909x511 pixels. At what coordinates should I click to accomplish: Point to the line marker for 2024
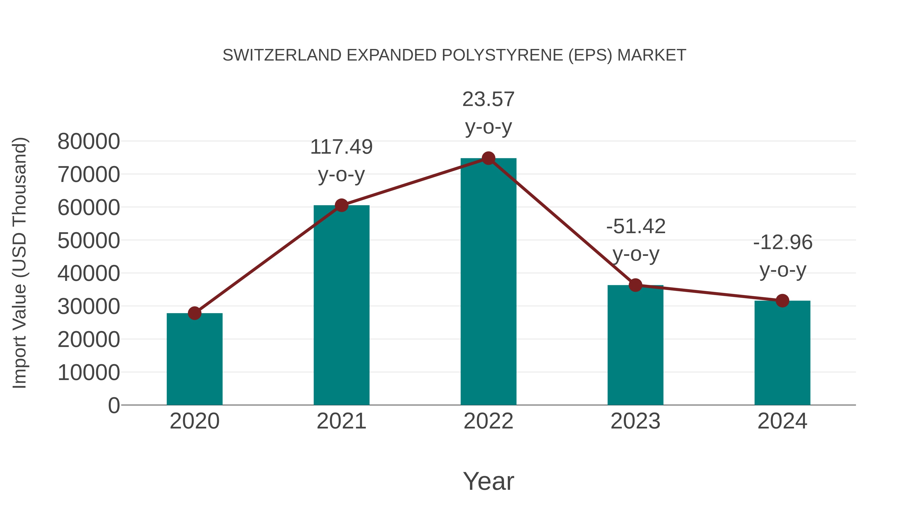click(782, 301)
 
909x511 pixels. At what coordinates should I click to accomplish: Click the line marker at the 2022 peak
click(488, 158)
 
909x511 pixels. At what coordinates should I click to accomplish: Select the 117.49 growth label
click(341, 147)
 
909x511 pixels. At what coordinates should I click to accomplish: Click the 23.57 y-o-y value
click(488, 99)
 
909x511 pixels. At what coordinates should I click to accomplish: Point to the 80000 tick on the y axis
click(89, 142)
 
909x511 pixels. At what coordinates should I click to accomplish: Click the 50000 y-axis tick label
click(89, 241)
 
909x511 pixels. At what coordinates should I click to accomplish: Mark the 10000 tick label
click(89, 373)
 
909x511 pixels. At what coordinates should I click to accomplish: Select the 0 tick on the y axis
click(114, 406)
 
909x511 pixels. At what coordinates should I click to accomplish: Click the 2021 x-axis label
click(341, 421)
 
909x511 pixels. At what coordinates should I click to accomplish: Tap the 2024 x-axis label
click(782, 421)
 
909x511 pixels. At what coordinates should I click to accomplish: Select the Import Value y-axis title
click(19, 263)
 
